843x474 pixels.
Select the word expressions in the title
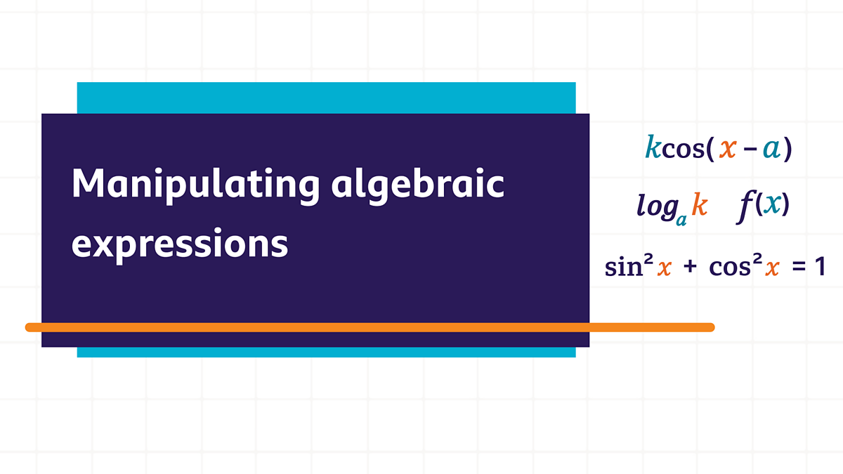pyautogui.click(x=180, y=244)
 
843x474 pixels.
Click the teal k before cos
pyautogui.click(x=653, y=148)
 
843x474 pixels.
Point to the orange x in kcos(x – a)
pyautogui.click(x=728, y=149)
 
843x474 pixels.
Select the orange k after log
pyautogui.click(x=699, y=204)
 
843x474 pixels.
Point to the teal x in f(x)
pyautogui.click(x=772, y=204)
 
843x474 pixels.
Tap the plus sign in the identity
pyautogui.click(x=689, y=268)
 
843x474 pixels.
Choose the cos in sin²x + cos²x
pyautogui.click(x=726, y=268)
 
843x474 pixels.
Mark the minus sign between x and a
pyautogui.click(x=749, y=150)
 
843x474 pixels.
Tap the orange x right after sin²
pyautogui.click(x=664, y=269)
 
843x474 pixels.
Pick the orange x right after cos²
pyautogui.click(x=771, y=269)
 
